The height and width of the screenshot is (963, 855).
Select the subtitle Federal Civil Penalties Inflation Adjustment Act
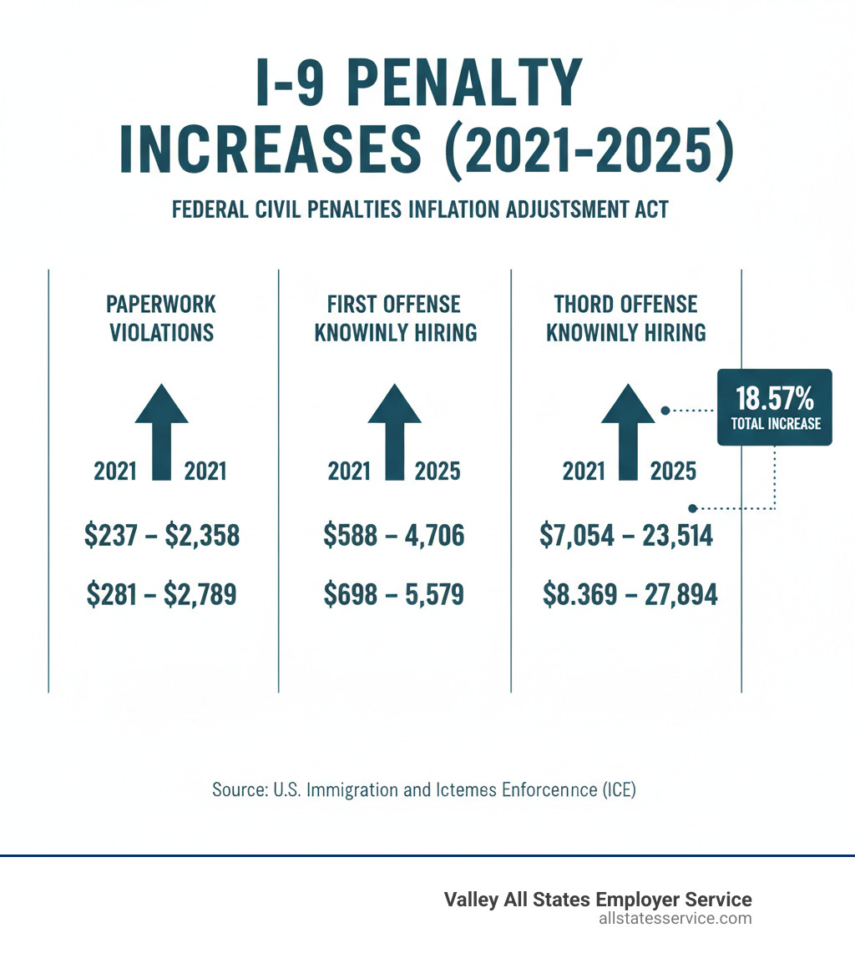(420, 209)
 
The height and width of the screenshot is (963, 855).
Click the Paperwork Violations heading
(161, 318)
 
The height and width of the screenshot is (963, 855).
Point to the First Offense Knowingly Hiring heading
(395, 318)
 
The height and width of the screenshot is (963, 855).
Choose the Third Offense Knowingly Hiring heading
(626, 318)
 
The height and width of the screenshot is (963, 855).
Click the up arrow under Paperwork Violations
(161, 430)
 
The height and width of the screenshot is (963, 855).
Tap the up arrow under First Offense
(394, 430)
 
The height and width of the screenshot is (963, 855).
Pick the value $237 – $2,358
(162, 536)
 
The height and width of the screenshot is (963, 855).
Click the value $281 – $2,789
(162, 595)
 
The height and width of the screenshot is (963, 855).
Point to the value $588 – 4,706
(393, 536)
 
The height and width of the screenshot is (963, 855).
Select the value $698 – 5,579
(393, 595)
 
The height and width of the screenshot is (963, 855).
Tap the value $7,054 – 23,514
(627, 536)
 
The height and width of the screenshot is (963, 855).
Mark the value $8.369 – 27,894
(630, 595)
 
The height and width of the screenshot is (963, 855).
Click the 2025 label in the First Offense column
(438, 471)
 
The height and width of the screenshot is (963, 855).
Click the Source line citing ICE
(424, 789)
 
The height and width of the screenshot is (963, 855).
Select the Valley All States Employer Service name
(597, 900)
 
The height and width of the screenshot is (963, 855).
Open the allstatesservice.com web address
(675, 919)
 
